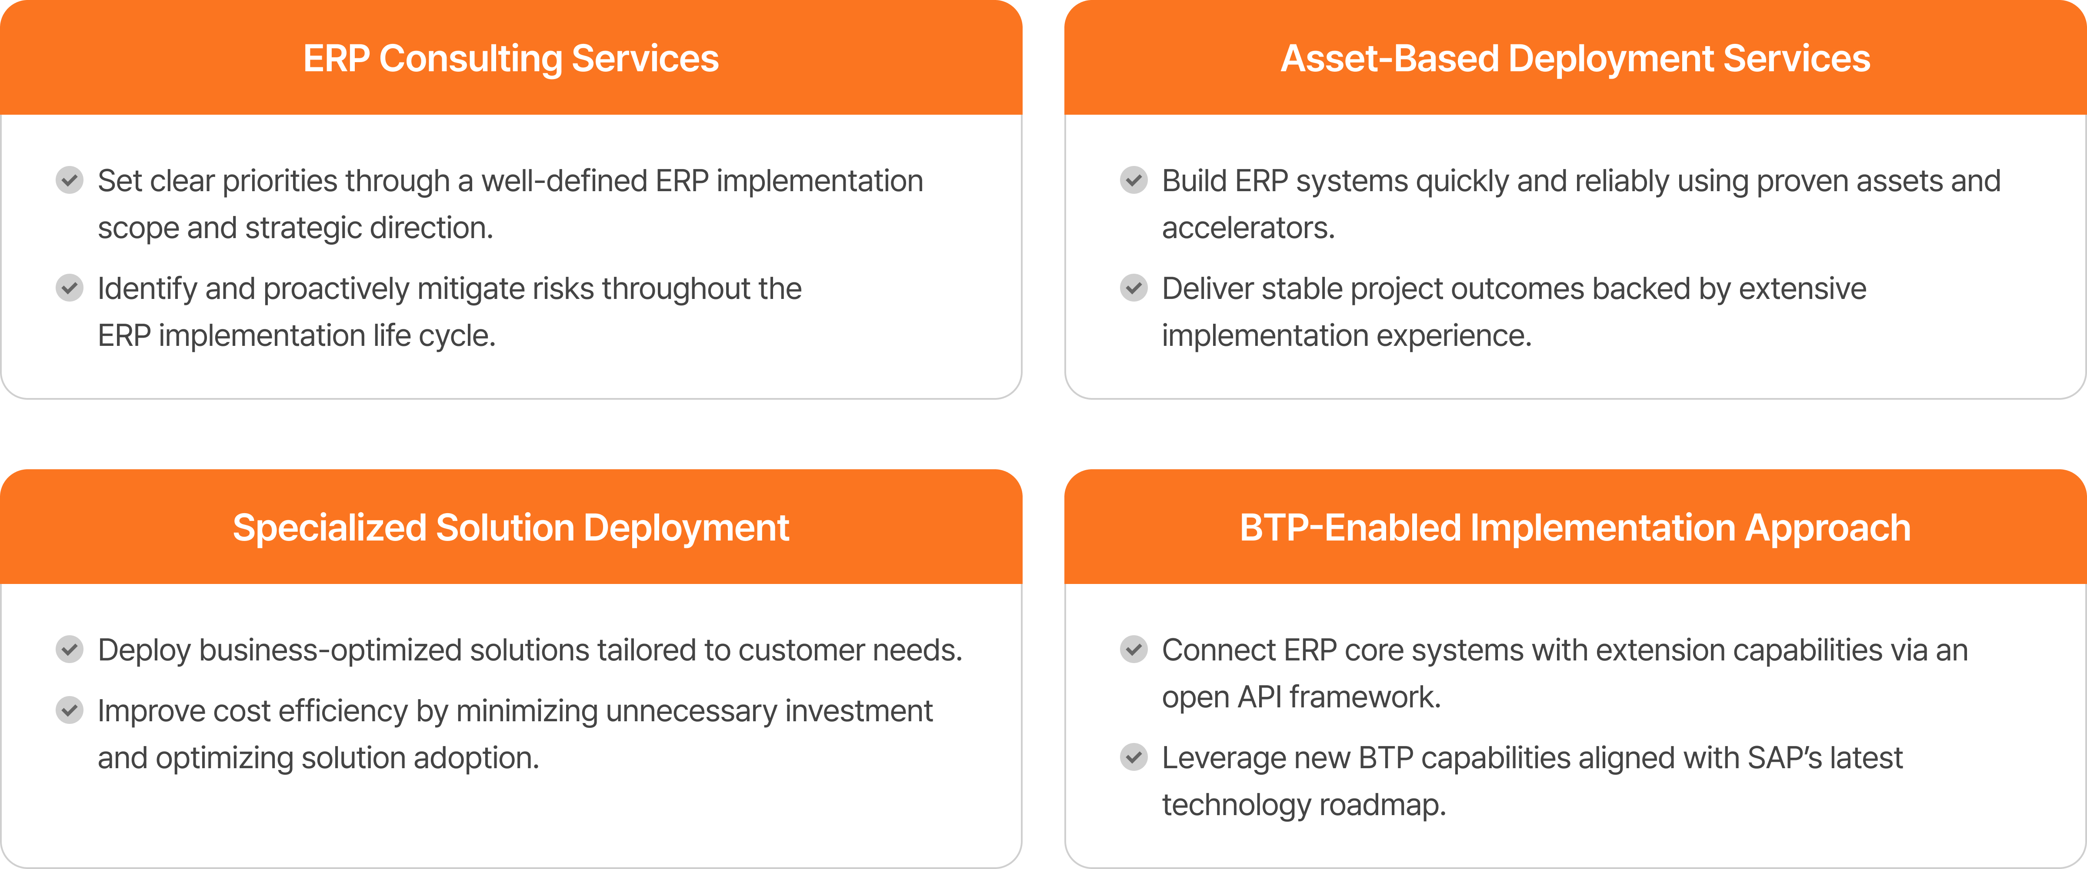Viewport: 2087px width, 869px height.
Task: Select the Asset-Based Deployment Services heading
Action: coord(1575,58)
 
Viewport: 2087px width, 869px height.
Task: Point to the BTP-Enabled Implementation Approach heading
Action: coord(1575,528)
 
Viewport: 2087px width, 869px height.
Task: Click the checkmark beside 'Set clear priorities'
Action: coord(70,180)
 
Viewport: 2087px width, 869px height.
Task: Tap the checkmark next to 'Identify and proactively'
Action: coord(70,288)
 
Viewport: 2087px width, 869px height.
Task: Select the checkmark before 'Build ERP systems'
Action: coord(1134,180)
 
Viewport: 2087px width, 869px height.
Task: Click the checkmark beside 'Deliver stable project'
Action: coord(1134,288)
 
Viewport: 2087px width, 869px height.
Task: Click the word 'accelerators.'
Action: coord(1248,229)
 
